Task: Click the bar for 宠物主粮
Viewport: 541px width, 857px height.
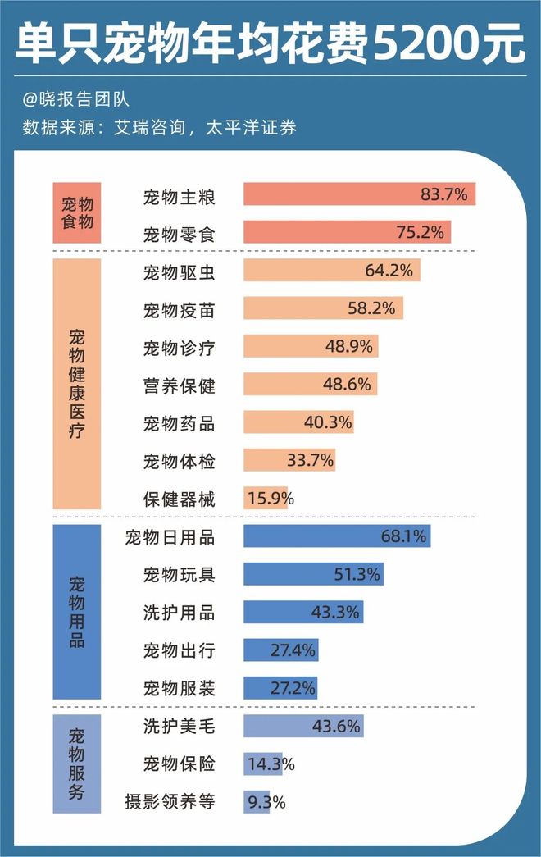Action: coord(359,194)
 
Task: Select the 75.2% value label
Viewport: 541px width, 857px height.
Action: coord(420,232)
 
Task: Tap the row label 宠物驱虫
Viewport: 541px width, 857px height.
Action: coord(179,271)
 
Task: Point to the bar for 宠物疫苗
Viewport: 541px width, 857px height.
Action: coord(323,308)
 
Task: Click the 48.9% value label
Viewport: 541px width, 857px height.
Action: coord(348,346)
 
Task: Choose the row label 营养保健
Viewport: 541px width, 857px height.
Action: coord(179,384)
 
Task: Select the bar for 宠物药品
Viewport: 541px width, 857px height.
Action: coord(298,422)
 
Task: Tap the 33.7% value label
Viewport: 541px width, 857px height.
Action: coord(311,460)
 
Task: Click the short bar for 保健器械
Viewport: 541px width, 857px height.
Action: coord(265,498)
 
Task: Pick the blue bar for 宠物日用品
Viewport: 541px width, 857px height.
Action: coord(337,536)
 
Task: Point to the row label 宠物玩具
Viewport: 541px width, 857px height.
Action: coord(179,574)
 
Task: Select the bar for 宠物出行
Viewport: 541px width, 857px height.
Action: coord(280,650)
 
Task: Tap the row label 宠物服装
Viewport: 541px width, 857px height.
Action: coord(179,688)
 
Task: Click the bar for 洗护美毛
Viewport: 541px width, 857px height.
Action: coord(302,726)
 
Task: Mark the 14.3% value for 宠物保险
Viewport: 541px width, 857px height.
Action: coord(270,764)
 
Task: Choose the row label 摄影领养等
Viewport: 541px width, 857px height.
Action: coord(170,802)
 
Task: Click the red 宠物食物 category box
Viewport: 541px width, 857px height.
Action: coord(76,212)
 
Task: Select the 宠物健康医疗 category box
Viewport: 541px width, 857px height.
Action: coord(76,384)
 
